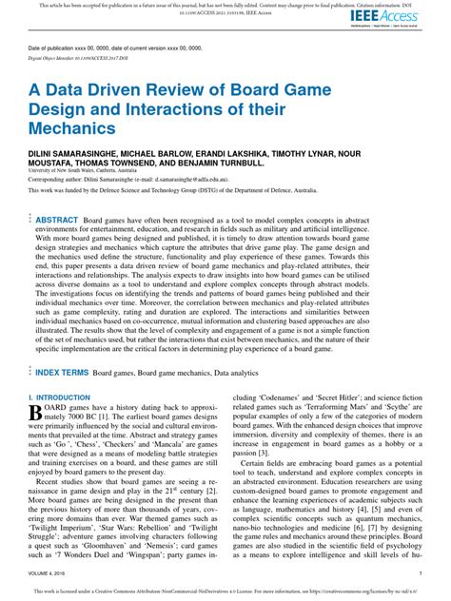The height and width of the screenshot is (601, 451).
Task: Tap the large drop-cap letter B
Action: coord(36,439)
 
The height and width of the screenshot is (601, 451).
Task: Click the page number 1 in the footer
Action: coord(421,574)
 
